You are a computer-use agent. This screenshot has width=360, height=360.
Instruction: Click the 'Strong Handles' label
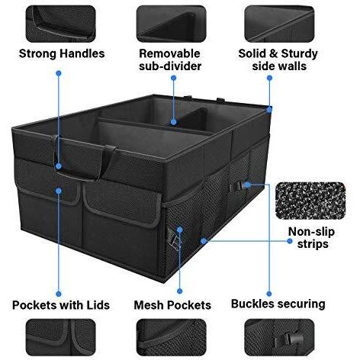coord(60,54)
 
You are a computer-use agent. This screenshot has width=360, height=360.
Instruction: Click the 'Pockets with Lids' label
coord(61,304)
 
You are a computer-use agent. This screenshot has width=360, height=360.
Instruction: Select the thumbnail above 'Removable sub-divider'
coord(170,23)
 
